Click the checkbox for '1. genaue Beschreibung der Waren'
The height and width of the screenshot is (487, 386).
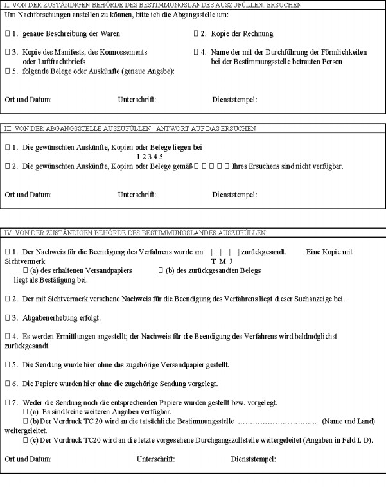[x=7, y=32]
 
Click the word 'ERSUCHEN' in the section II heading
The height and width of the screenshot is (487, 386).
[x=289, y=4]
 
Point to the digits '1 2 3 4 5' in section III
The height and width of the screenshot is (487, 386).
[x=150, y=156]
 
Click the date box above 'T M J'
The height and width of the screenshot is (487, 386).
[x=225, y=252]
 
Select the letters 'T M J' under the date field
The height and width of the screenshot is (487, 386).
[x=222, y=261]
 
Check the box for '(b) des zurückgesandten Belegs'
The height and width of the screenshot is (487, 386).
[x=161, y=270]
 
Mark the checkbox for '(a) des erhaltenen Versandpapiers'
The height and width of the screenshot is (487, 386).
[x=26, y=270]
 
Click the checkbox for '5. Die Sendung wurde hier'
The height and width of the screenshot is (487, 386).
[x=7, y=365]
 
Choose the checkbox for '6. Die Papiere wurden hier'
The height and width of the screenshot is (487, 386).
[x=7, y=384]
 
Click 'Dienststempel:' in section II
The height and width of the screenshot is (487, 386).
[x=234, y=100]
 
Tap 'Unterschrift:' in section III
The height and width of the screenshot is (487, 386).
[x=137, y=194]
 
